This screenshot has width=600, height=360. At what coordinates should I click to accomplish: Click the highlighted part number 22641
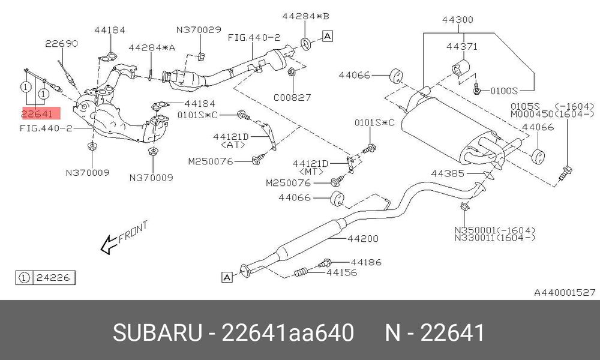click(37, 113)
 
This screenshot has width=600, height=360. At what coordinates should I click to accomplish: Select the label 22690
click(61, 44)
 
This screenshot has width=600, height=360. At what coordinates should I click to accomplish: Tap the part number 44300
click(458, 20)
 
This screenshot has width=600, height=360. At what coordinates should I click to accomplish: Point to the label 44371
click(462, 46)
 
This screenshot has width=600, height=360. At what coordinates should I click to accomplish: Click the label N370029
click(199, 30)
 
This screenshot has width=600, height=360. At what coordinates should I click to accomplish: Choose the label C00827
click(292, 98)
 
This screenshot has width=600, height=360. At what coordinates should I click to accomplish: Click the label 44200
click(363, 239)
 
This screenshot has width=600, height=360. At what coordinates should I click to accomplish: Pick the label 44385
click(448, 173)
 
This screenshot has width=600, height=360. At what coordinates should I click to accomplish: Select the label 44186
click(366, 262)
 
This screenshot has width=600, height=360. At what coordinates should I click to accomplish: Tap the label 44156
click(342, 272)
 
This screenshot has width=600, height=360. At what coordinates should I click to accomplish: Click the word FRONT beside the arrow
click(133, 232)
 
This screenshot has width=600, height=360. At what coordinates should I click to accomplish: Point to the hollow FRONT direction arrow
click(109, 244)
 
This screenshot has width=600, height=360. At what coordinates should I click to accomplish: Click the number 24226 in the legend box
click(53, 278)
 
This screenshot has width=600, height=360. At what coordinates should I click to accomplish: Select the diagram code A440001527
click(565, 293)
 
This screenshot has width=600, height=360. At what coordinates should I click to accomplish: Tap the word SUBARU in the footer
click(157, 332)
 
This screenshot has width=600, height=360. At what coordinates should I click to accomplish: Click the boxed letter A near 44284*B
click(328, 37)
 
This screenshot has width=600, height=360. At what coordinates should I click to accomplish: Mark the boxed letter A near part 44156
click(227, 277)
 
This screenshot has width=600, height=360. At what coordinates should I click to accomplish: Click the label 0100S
click(503, 91)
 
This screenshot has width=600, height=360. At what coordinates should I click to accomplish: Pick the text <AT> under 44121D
click(233, 145)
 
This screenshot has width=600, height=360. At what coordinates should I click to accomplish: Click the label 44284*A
click(152, 48)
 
